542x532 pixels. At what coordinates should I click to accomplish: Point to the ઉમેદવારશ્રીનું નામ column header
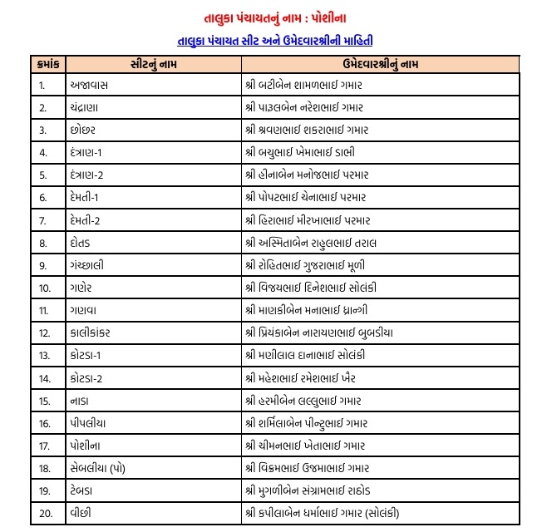click(376, 62)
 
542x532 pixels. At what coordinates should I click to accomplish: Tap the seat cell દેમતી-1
click(91, 197)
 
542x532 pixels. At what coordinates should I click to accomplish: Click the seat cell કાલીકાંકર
click(99, 332)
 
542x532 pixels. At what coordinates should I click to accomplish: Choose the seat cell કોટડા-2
click(92, 377)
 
